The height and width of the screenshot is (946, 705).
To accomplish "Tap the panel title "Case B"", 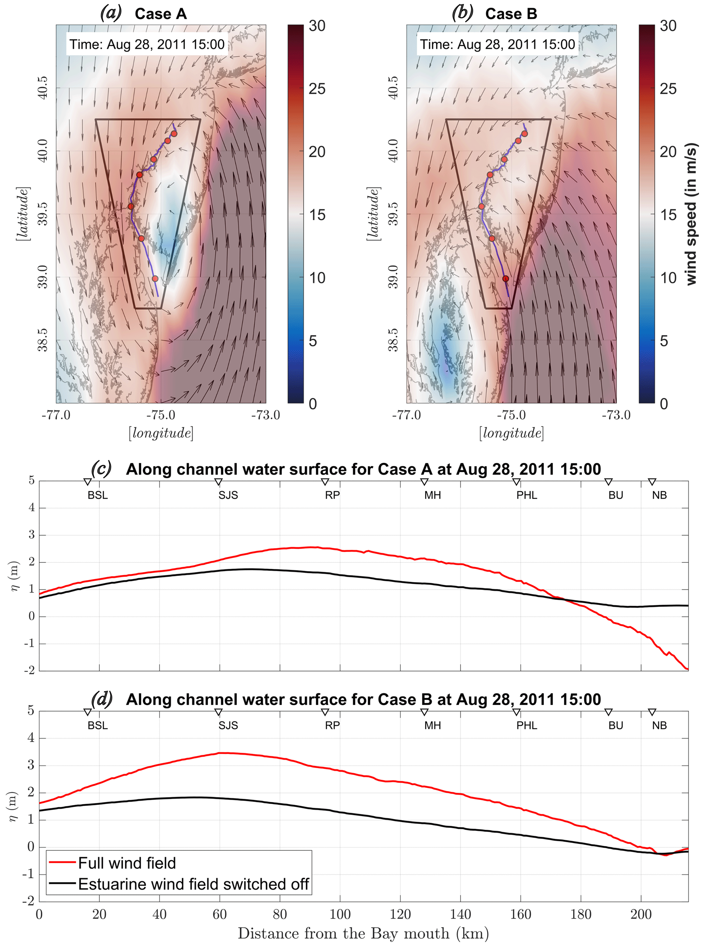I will click(x=511, y=14).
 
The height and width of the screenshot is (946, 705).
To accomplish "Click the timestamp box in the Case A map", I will click(x=147, y=44).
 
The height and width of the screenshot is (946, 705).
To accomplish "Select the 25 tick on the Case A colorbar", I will click(x=317, y=89).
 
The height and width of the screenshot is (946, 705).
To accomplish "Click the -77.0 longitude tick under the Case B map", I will click(x=406, y=415).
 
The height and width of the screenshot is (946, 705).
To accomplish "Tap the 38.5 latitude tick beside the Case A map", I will click(x=43, y=340).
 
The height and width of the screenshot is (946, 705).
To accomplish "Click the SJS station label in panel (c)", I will click(x=228, y=495).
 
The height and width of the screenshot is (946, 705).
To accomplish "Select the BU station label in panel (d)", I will click(x=616, y=725).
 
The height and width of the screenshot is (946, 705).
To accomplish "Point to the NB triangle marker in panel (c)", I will click(x=652, y=482).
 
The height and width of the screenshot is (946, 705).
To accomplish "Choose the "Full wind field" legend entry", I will click(x=127, y=863).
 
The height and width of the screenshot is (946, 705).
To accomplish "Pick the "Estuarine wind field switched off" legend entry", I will click(x=193, y=884).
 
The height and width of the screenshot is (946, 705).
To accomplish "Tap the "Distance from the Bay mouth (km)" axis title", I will click(x=363, y=934).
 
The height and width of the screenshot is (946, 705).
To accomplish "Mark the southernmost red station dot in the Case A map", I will click(x=155, y=279).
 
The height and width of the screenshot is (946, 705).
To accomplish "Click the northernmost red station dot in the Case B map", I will click(x=525, y=134).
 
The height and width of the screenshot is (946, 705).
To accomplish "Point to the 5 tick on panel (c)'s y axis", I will click(x=31, y=480).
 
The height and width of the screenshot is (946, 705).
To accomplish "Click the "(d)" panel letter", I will click(x=102, y=699).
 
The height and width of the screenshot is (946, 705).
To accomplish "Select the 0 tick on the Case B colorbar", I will click(x=664, y=404).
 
